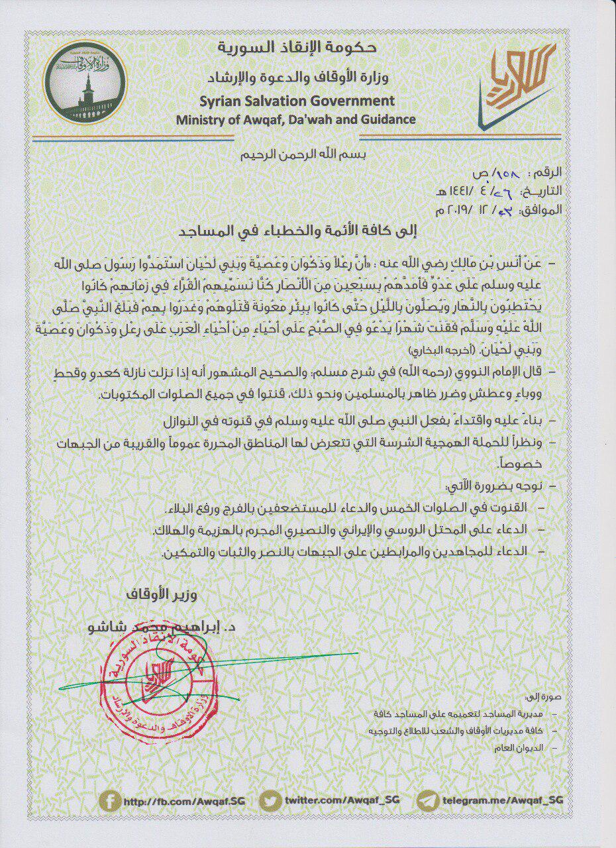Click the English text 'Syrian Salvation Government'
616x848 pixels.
[296, 101]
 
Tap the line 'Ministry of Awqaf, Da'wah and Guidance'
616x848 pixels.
[296, 119]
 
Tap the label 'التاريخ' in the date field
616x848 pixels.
[544, 192]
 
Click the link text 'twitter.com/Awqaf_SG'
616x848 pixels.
[341, 801]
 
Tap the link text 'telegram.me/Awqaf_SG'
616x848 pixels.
[503, 800]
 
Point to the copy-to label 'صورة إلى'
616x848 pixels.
[535, 698]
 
